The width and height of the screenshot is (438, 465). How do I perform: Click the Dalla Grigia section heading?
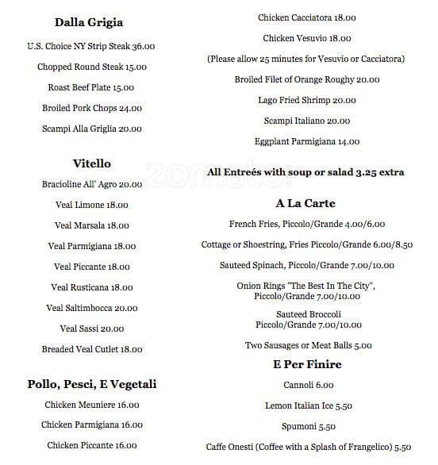tap(89, 22)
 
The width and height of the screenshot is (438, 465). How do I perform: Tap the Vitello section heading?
tap(92, 163)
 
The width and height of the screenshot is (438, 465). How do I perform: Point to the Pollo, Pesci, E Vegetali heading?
tap(92, 384)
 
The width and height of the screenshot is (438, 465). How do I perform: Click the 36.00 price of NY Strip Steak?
tap(143, 47)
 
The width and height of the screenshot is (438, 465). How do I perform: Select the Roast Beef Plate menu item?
tap(91, 88)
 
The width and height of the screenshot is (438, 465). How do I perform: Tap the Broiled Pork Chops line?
tap(92, 108)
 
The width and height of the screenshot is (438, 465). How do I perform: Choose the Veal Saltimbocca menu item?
tap(92, 308)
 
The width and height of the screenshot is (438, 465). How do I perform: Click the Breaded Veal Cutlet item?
tap(92, 349)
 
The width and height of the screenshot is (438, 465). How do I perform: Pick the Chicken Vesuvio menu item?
tap(306, 38)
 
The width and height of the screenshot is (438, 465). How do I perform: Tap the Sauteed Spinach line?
tap(306, 265)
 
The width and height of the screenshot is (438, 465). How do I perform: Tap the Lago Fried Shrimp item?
tap(306, 100)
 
